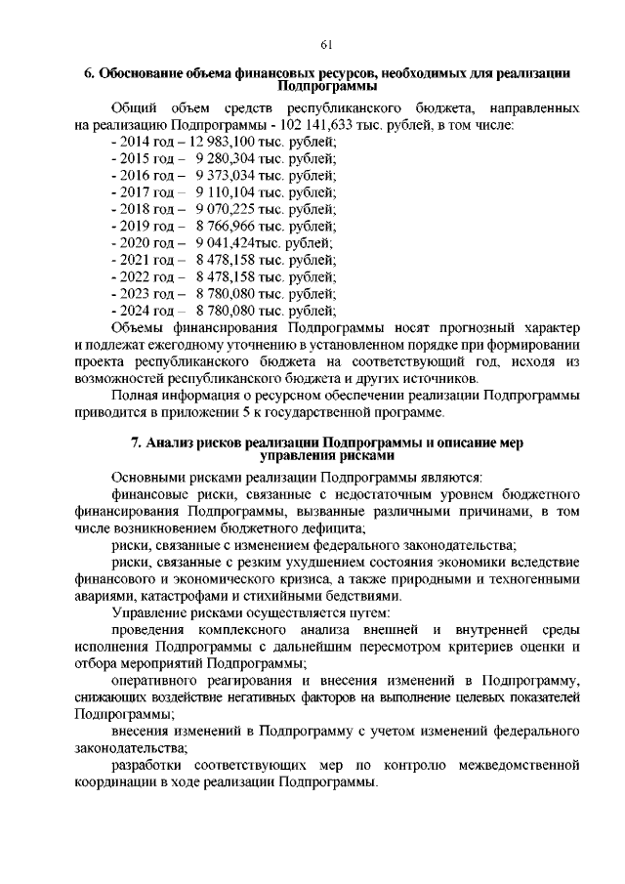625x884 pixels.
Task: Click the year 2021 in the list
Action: [x=134, y=260]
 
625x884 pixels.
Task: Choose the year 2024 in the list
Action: [x=134, y=310]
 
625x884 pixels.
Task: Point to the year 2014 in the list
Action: [x=134, y=143]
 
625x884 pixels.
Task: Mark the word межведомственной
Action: [x=517, y=765]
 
